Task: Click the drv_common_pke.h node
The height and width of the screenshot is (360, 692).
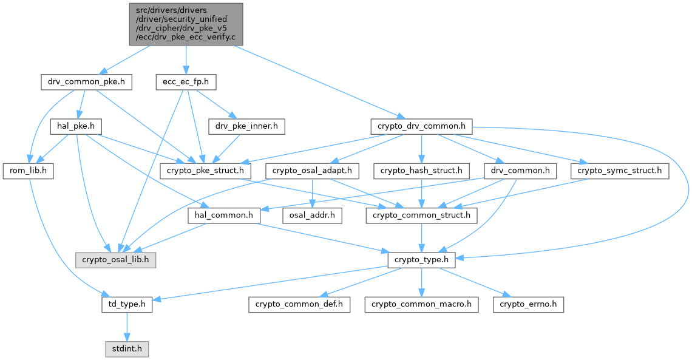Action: pyautogui.click(x=86, y=82)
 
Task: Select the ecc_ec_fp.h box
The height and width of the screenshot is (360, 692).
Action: pyautogui.click(x=186, y=82)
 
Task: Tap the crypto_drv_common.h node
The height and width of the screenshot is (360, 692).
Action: pyautogui.click(x=421, y=127)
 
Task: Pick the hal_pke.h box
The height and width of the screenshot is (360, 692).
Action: pyautogui.click(x=75, y=127)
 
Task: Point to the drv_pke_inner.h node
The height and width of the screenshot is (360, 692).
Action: pyautogui.click(x=246, y=127)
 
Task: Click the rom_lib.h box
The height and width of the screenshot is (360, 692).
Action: pyautogui.click(x=28, y=171)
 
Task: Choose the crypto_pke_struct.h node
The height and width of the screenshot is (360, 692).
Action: pyautogui.click(x=206, y=171)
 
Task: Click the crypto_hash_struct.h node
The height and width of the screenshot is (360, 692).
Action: pyautogui.click(x=421, y=171)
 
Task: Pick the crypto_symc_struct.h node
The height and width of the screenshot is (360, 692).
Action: pyautogui.click(x=620, y=171)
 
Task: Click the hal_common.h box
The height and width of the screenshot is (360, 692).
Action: pyautogui.click(x=225, y=216)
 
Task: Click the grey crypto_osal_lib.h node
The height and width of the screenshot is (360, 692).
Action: pyautogui.click(x=116, y=260)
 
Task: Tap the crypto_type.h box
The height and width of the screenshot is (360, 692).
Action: pyautogui.click(x=421, y=260)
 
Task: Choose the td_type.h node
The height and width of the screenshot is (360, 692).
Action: pyautogui.click(x=126, y=305)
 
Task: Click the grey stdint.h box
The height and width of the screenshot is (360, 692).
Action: pyautogui.click(x=126, y=349)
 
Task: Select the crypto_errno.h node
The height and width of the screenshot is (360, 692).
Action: pyautogui.click(x=529, y=305)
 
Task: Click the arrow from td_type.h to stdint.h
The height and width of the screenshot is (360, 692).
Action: pyautogui.click(x=126, y=327)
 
